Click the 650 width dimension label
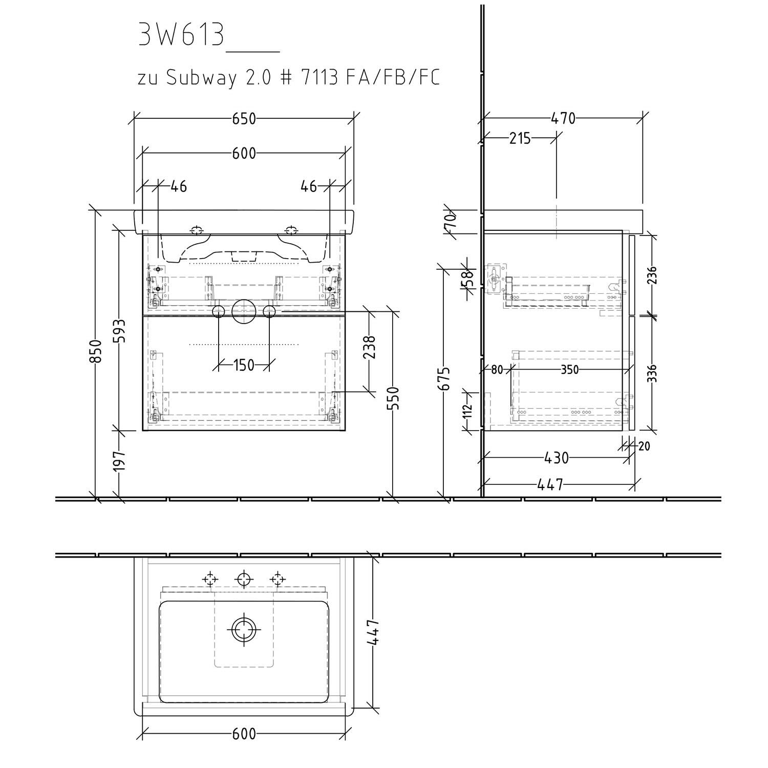click(x=244, y=119)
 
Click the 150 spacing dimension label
click(x=244, y=365)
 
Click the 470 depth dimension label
click(x=563, y=119)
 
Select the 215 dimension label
click(x=520, y=138)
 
